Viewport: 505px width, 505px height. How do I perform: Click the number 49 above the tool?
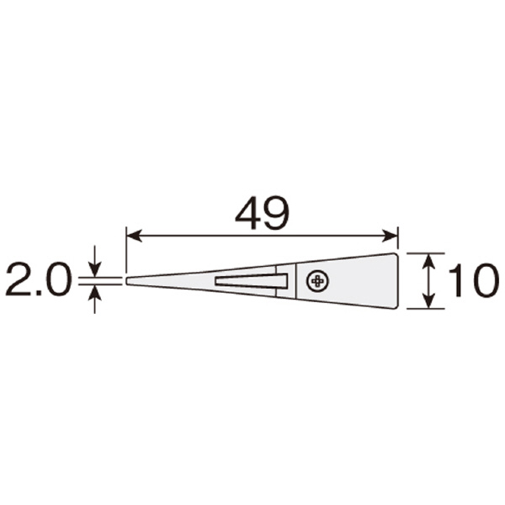[263, 213]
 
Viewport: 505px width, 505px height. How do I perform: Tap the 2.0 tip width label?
[37, 279]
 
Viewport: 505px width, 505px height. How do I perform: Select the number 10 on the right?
[475, 280]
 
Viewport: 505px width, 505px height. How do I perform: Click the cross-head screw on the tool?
[318, 281]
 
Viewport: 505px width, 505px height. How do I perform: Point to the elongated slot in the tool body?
[252, 280]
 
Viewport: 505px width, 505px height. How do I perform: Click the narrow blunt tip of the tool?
[126, 280]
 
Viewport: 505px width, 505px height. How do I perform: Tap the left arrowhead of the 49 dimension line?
[134, 236]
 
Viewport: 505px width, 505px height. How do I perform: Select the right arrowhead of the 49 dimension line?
[390, 236]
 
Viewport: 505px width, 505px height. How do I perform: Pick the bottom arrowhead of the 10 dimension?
[428, 300]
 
